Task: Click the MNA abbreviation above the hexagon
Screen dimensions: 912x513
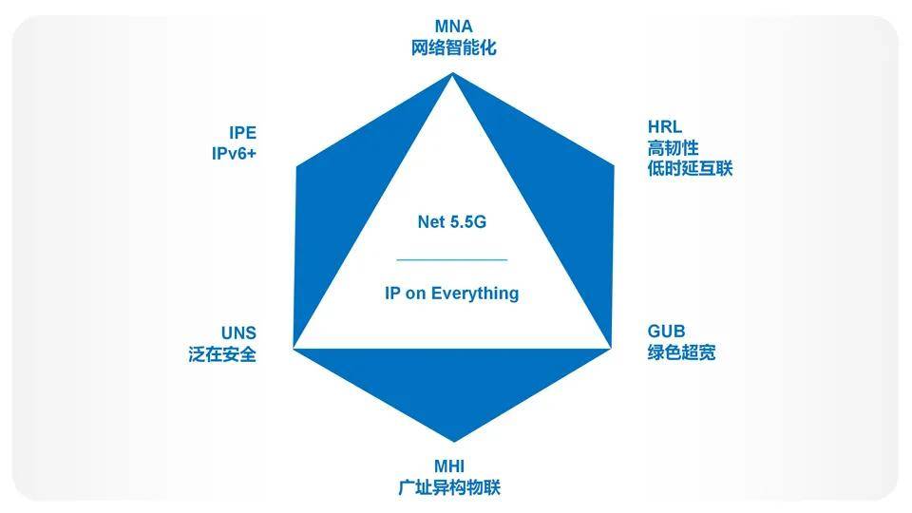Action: (454, 27)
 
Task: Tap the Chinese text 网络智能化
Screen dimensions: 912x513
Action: (454, 47)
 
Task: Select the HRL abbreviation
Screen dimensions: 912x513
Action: (665, 126)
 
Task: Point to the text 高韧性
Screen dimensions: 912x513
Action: (673, 148)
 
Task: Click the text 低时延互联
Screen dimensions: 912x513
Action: (690, 169)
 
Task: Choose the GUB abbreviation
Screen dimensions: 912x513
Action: (667, 332)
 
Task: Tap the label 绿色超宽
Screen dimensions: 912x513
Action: (682, 352)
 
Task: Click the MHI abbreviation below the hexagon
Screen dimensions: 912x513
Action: (449, 465)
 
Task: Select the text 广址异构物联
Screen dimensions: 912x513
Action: (449, 487)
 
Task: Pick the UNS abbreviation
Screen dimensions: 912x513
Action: (238, 333)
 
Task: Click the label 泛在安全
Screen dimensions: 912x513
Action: (222, 354)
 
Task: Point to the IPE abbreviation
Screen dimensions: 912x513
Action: (242, 133)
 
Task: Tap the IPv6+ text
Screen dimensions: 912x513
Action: (234, 154)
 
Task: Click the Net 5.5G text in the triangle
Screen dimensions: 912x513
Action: (452, 221)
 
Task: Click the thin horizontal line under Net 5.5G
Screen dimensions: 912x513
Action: (452, 259)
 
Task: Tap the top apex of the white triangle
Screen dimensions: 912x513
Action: (452, 74)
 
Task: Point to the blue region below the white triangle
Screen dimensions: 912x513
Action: (452, 384)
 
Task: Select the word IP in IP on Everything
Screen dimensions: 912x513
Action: (392, 294)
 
